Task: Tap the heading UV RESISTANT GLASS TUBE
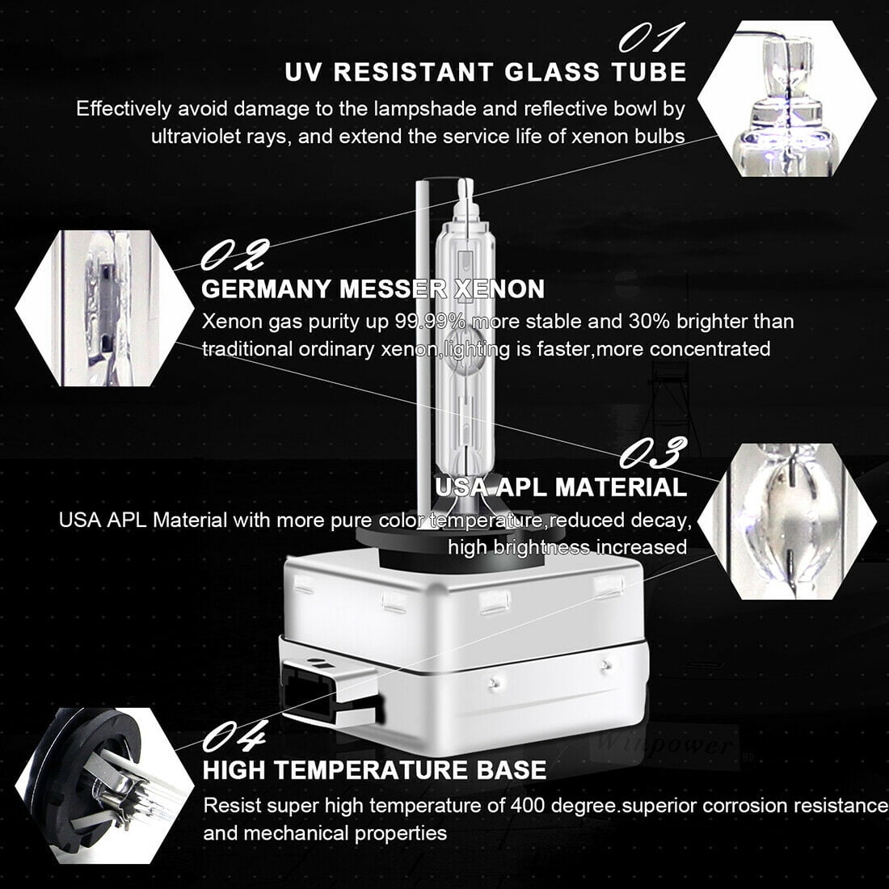tap(485, 72)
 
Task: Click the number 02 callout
tap(234, 255)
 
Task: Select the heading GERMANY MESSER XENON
tap(373, 289)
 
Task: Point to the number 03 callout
tap(654, 452)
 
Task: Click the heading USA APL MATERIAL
tap(561, 487)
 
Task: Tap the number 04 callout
tap(234, 737)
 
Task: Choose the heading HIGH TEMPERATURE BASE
tap(374, 770)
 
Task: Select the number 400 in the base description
tap(529, 805)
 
